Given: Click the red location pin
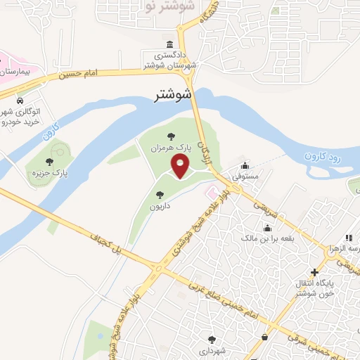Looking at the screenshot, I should (181, 167).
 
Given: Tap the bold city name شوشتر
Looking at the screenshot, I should (174, 95).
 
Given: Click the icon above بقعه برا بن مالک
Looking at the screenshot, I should (268, 229).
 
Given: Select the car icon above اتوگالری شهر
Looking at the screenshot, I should (19, 101).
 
